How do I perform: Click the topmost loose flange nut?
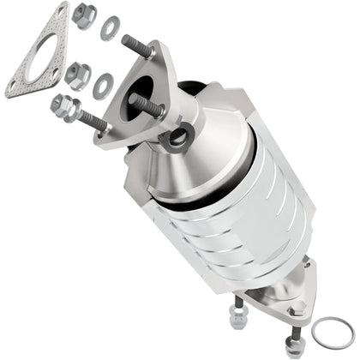point(84,14)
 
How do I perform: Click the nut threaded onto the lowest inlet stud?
point(63,105)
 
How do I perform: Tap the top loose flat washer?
point(110,28)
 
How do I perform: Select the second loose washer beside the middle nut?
point(104,84)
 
